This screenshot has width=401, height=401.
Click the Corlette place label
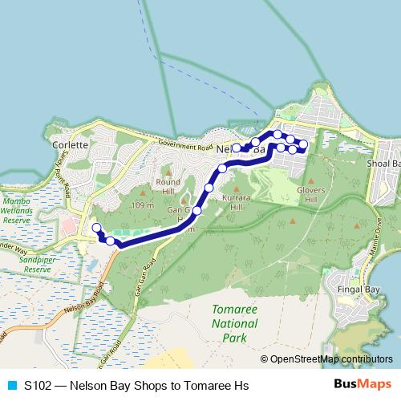pos(70,146)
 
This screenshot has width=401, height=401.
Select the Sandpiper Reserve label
pos(24,265)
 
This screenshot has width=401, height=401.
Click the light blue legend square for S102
pos(13,386)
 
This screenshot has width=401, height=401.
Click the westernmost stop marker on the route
pos(96,229)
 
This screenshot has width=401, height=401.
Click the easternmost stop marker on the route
pos(304,144)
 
